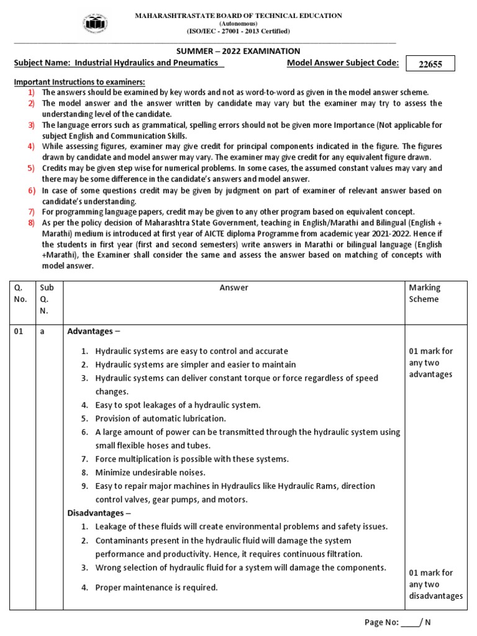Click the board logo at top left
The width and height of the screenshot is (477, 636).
click(94, 24)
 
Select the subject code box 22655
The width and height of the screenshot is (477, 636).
click(430, 64)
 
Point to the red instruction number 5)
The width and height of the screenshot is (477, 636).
click(30, 168)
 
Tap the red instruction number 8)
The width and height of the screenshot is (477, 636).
click(30, 222)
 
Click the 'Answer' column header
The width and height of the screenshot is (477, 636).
click(234, 288)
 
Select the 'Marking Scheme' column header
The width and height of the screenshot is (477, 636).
click(424, 293)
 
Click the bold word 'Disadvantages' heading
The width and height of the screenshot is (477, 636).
click(96, 513)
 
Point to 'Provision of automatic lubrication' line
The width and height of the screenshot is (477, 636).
click(160, 419)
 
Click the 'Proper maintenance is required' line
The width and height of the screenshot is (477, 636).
click(157, 587)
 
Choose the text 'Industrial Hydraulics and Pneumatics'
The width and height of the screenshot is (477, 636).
click(145, 64)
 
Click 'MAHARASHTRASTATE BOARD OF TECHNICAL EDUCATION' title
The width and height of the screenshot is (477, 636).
click(238, 15)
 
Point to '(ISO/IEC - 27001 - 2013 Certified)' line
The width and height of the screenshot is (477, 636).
click(238, 30)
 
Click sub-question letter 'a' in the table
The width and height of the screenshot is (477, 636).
click(42, 332)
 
